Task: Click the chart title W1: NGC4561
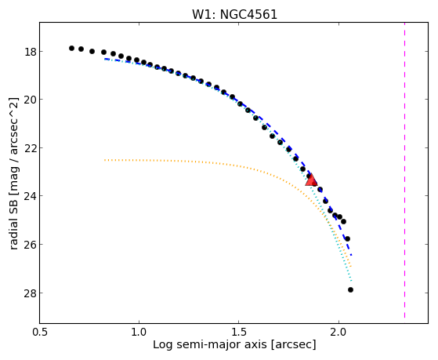[234, 15]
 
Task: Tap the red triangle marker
[311, 180]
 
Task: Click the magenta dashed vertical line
[404, 170]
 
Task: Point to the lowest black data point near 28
[350, 289]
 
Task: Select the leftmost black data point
[71, 48]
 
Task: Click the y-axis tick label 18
[30, 52]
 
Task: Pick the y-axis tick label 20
[30, 100]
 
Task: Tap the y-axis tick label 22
[30, 148]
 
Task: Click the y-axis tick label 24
[30, 196]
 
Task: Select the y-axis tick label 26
[30, 245]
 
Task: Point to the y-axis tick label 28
[30, 293]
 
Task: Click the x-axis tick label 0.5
[40, 333]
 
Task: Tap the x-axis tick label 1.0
[139, 333]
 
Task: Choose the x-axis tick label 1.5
[238, 333]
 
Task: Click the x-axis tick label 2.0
[338, 333]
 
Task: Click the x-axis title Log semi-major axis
[210, 344]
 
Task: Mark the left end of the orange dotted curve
[105, 160]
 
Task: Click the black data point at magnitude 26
[347, 239]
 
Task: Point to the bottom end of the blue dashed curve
[351, 255]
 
